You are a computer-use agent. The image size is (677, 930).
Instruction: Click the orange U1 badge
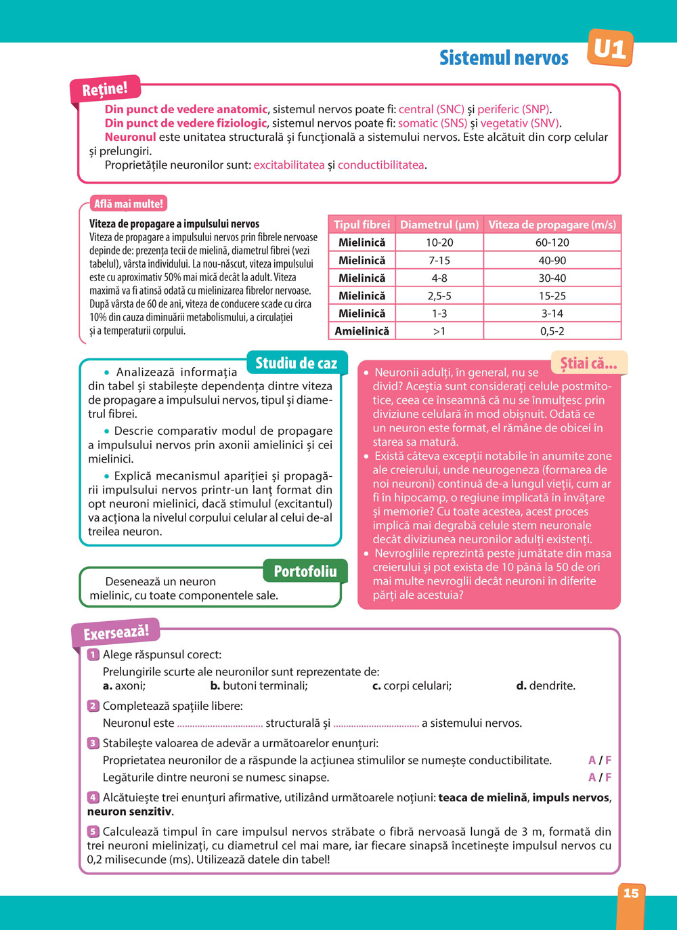pyautogui.click(x=610, y=49)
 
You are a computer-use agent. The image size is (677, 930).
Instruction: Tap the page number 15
pyautogui.click(x=630, y=893)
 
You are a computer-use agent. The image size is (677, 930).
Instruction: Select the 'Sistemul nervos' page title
pyautogui.click(x=504, y=58)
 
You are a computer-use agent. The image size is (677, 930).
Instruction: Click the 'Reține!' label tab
pyautogui.click(x=104, y=89)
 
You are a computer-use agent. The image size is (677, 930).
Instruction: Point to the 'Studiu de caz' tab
pyautogui.click(x=296, y=363)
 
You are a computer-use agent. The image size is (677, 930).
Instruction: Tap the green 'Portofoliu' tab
pyautogui.click(x=305, y=571)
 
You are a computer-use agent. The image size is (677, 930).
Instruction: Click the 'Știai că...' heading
pyautogui.click(x=588, y=363)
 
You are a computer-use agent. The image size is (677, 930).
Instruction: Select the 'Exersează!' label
pyautogui.click(x=116, y=633)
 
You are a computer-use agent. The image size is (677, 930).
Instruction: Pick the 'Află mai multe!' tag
pyautogui.click(x=129, y=204)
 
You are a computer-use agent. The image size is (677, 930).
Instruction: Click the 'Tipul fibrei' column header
pyautogui.click(x=362, y=225)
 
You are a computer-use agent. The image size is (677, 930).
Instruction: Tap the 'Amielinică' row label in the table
pyautogui.click(x=362, y=331)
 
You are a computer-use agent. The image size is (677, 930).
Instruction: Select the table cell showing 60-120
pyautogui.click(x=552, y=242)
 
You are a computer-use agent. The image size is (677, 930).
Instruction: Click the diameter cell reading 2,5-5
pyautogui.click(x=439, y=296)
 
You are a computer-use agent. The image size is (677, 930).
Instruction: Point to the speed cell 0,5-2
pyautogui.click(x=552, y=331)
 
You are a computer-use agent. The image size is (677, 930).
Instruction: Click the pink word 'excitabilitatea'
pyautogui.click(x=289, y=165)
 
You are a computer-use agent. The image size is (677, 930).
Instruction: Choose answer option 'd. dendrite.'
pyautogui.click(x=546, y=685)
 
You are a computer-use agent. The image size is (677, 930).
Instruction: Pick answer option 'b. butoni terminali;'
pyautogui.click(x=259, y=685)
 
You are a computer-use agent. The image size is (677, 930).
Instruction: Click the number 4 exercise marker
pyautogui.click(x=93, y=798)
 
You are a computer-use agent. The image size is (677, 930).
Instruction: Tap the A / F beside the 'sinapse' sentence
pyautogui.click(x=600, y=778)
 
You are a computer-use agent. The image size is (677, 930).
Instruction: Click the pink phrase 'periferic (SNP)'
pyautogui.click(x=514, y=109)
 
